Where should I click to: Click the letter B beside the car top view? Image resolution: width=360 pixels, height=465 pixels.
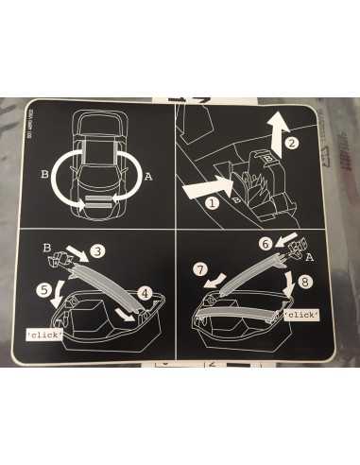(x=43, y=173)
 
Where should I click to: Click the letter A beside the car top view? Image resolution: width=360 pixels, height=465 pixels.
(x=149, y=175)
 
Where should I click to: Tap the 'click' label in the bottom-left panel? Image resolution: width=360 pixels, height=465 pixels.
(x=43, y=335)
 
